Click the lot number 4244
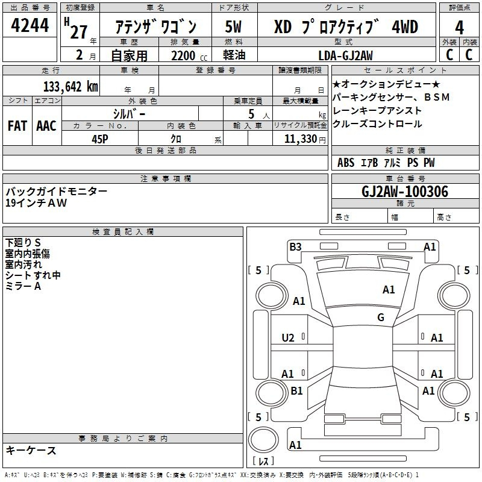30,26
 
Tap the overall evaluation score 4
459,27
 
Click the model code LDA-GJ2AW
345,55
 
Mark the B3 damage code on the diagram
295,246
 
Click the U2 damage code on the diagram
288,338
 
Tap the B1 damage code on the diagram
296,391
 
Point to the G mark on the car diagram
381,318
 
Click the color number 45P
100,139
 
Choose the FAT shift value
17,126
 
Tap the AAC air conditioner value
46,126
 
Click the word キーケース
31,451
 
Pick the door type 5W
234,27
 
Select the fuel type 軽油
234,55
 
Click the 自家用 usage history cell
129,55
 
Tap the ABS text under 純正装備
346,163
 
